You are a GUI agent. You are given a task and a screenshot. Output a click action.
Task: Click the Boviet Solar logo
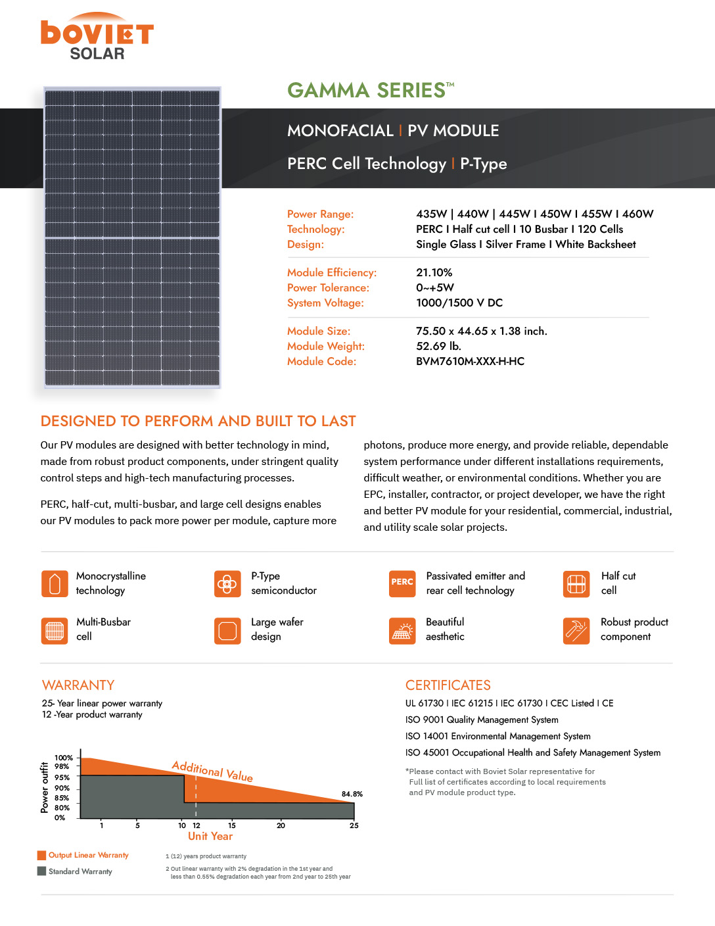pos(97,37)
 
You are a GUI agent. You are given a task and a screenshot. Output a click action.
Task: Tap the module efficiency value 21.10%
pos(434,272)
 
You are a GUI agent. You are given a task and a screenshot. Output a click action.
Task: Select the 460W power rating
pos(637,214)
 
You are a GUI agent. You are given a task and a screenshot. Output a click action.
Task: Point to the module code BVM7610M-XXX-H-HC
pos(470,361)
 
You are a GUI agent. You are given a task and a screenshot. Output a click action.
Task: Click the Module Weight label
pos(325,346)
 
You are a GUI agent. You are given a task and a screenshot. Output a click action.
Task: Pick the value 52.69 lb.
pos(438,346)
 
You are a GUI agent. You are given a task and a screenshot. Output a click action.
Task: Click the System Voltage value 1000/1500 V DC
pos(459,303)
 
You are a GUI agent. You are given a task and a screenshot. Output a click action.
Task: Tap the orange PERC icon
pos(402,583)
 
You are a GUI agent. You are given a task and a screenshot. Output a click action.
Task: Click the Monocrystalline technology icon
pos(55,583)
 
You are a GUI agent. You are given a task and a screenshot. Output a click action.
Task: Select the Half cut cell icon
pos(576,583)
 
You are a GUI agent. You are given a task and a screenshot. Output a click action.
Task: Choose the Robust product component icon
pos(576,631)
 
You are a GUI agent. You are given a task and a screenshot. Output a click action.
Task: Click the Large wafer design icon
pos(227,631)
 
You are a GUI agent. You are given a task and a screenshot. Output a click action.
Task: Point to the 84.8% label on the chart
pos(352,794)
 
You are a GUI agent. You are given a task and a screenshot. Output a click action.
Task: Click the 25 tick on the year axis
pos(354,825)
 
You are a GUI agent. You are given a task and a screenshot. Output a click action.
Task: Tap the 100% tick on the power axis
pos(63,758)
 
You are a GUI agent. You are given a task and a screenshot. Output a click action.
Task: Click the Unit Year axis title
pos(210,837)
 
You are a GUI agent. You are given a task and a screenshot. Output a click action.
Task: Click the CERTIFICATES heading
pos(448,685)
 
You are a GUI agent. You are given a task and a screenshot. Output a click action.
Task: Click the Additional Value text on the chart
pos(212,771)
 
